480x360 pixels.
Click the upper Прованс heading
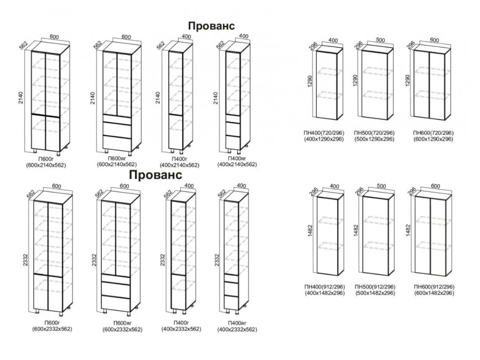point(212,25)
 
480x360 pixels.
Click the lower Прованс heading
point(156,175)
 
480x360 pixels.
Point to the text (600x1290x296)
point(434,139)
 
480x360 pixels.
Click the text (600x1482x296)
point(434,293)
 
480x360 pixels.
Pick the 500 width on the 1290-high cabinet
point(380,40)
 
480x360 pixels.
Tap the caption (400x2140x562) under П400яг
point(237,164)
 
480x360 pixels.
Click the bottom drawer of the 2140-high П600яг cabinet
point(117,143)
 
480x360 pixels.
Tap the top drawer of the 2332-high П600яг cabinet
point(116,278)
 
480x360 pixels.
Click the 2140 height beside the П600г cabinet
point(21,99)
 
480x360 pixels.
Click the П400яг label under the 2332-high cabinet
point(237,323)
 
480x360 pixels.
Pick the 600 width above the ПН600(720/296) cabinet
point(434,40)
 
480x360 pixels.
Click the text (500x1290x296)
point(374,139)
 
